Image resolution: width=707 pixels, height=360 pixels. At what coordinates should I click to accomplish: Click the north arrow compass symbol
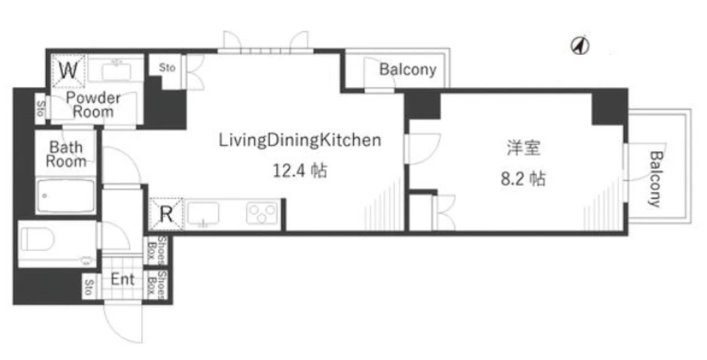click(580, 45)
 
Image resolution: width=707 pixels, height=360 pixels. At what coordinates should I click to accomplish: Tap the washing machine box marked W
click(68, 71)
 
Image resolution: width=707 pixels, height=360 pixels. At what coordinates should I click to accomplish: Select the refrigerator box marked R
click(166, 214)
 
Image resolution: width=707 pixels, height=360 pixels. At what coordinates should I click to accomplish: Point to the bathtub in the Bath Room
click(66, 196)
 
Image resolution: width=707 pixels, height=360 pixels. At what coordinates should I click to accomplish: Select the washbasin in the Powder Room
click(116, 71)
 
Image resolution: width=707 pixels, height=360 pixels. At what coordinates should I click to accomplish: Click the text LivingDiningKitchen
click(300, 141)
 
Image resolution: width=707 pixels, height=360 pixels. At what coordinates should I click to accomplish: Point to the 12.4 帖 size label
click(300, 170)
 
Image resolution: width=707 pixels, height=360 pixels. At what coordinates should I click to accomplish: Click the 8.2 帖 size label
click(523, 179)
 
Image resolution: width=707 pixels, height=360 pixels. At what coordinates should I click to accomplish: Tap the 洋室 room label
click(524, 148)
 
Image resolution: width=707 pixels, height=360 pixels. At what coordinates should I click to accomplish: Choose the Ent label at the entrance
click(123, 279)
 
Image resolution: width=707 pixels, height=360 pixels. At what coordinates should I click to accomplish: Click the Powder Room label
click(93, 105)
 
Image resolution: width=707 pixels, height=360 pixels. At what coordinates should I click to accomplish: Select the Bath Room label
click(66, 154)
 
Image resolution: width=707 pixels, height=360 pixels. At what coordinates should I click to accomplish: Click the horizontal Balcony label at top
click(408, 69)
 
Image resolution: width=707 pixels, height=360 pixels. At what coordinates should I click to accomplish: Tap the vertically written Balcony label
click(654, 179)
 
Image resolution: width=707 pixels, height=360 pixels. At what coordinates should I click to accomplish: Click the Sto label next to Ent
click(88, 287)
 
